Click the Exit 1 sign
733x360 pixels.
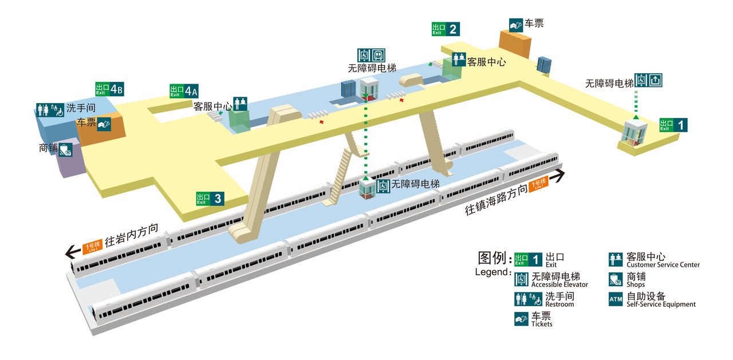673,125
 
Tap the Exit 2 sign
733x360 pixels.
446,29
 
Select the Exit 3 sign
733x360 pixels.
210,199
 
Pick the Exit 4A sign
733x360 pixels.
184,91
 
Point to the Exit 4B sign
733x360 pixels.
109,89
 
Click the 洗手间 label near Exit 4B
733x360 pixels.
80,108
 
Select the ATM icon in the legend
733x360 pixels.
615,299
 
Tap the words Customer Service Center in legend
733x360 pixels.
663,265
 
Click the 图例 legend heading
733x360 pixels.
494,258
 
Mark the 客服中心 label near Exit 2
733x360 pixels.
487,62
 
